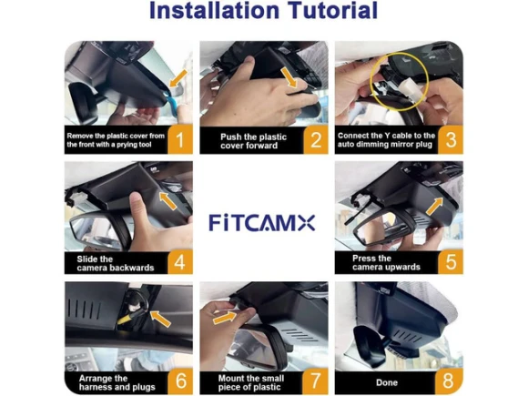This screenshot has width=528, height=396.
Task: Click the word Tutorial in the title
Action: (x=331, y=10)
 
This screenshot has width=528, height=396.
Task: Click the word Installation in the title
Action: (x=214, y=10)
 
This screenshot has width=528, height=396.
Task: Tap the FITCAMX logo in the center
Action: (x=262, y=223)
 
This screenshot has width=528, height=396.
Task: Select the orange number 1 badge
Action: (x=180, y=139)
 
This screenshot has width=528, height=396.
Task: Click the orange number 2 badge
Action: (x=316, y=139)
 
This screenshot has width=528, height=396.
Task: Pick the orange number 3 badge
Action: (x=451, y=139)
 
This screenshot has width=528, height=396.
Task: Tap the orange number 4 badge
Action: (x=180, y=261)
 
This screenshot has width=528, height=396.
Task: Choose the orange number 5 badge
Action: (x=451, y=261)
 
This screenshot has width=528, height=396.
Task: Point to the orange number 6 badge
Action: (x=180, y=381)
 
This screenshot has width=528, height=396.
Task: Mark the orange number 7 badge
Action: (x=316, y=381)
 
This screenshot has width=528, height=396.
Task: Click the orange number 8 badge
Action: (x=449, y=381)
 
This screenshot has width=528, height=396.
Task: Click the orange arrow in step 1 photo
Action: (x=178, y=78)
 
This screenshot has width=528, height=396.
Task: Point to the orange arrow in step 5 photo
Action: (x=434, y=206)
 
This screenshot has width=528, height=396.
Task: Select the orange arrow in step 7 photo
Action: (x=225, y=318)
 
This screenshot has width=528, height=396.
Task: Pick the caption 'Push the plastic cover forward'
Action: (x=253, y=141)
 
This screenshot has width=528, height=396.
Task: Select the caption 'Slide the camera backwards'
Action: (x=116, y=263)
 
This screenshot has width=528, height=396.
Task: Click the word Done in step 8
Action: (x=387, y=382)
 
